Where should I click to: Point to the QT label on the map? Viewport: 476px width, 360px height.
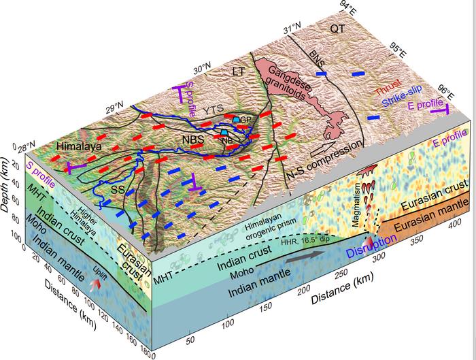coord(337,28)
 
